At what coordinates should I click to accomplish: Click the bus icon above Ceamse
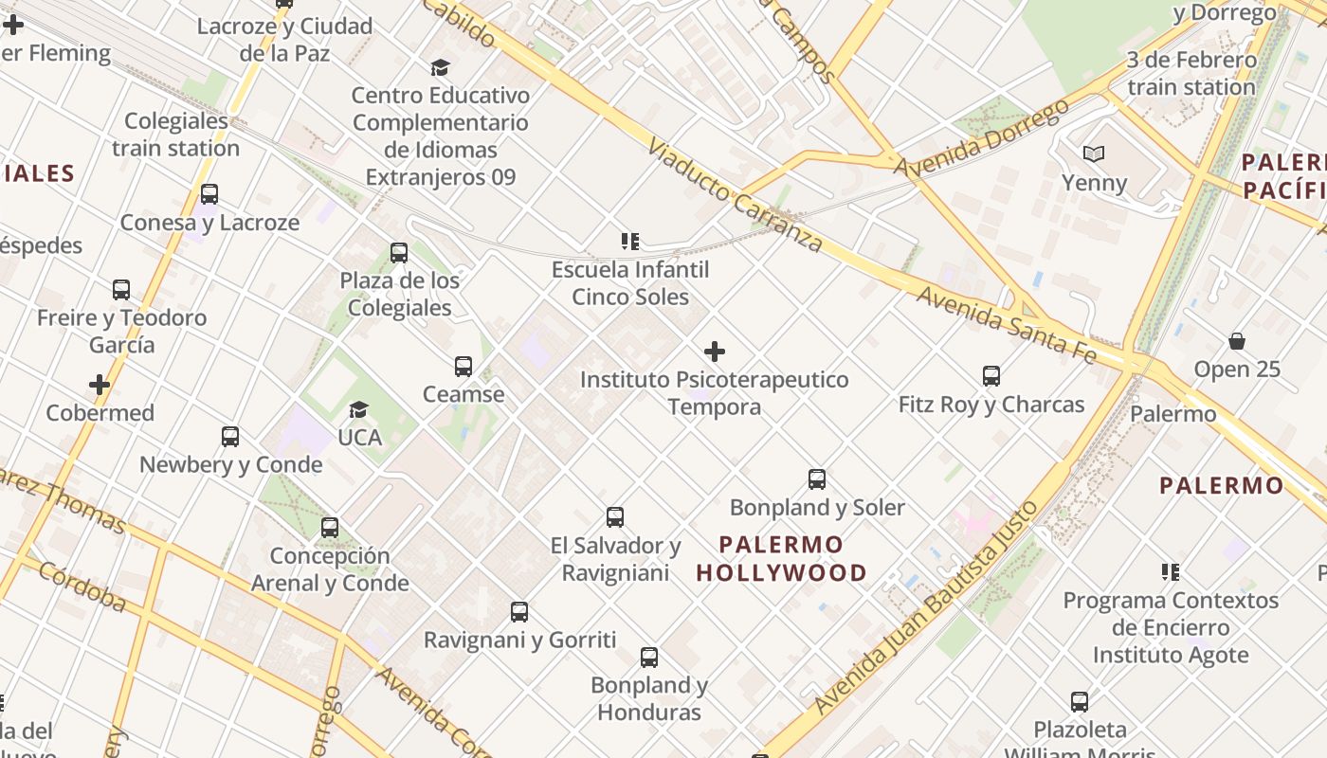pyautogui.click(x=464, y=366)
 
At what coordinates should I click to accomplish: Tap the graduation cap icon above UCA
pyautogui.click(x=358, y=409)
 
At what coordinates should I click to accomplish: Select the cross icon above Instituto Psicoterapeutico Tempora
pyautogui.click(x=715, y=352)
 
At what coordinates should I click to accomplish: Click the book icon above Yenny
pyautogui.click(x=1094, y=153)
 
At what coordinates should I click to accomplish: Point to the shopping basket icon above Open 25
pyautogui.click(x=1237, y=341)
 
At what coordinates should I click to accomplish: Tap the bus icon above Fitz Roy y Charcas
pyautogui.click(x=991, y=376)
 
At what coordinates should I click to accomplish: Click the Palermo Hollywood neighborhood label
pyautogui.click(x=781, y=559)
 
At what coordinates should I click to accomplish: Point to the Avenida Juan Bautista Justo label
pyautogui.click(x=928, y=606)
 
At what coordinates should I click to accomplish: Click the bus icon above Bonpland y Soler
pyautogui.click(x=817, y=479)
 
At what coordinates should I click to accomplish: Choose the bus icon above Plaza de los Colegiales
pyautogui.click(x=399, y=253)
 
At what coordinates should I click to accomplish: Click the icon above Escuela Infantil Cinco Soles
pyautogui.click(x=630, y=242)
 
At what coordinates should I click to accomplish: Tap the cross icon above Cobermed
pyautogui.click(x=100, y=385)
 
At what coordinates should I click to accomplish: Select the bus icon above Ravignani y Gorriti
pyautogui.click(x=519, y=612)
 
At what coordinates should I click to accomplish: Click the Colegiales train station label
pyautogui.click(x=176, y=135)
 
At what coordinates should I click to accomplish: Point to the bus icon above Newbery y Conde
pyautogui.click(x=230, y=437)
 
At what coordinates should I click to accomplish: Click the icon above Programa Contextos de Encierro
pyautogui.click(x=1171, y=572)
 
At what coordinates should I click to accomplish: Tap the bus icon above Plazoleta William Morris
pyautogui.click(x=1080, y=702)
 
